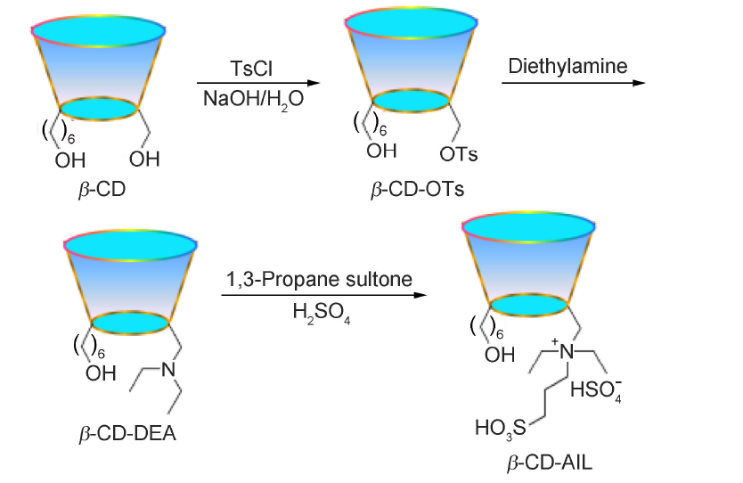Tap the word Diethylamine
567,65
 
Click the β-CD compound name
98,191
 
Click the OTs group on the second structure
459,155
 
